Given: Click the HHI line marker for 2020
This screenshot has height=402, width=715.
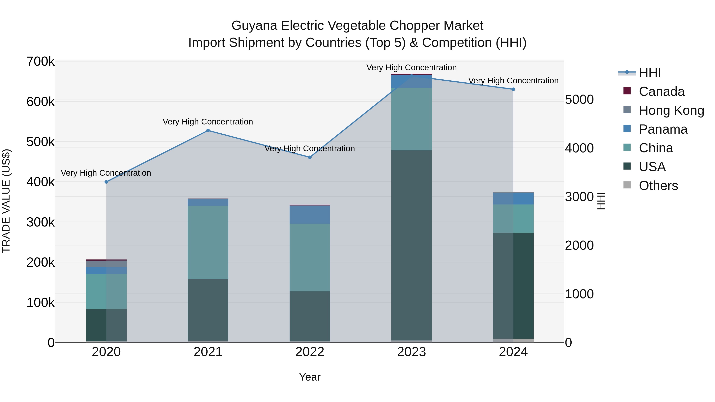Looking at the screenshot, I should click(x=106, y=182).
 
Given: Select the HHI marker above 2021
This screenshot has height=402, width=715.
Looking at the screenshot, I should click(x=208, y=131).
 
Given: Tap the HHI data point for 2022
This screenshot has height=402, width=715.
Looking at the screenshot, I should click(x=310, y=157).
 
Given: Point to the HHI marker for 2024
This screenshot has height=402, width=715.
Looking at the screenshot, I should click(x=513, y=89).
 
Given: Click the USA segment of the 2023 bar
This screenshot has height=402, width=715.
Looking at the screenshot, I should click(x=412, y=246).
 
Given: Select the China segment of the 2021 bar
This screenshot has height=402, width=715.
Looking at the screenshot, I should click(x=208, y=242).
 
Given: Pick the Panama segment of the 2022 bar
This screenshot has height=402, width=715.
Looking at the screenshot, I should click(x=310, y=215).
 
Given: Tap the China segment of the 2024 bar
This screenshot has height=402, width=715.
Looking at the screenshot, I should click(x=513, y=219).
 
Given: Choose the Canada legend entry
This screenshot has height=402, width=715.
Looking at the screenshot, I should click(x=661, y=92).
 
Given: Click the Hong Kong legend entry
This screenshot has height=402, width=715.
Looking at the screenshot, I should click(x=671, y=110).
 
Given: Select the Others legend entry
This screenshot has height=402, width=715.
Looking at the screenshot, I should click(x=658, y=186).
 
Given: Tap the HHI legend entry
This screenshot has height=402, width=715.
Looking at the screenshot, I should click(x=649, y=73).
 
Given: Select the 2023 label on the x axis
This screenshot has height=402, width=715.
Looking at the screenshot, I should click(x=412, y=352).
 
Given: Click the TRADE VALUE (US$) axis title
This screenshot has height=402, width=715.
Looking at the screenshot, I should click(x=6, y=201).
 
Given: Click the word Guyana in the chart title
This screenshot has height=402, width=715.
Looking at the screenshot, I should click(x=254, y=26).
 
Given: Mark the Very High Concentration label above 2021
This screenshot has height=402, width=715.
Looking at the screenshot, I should click(x=208, y=122).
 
